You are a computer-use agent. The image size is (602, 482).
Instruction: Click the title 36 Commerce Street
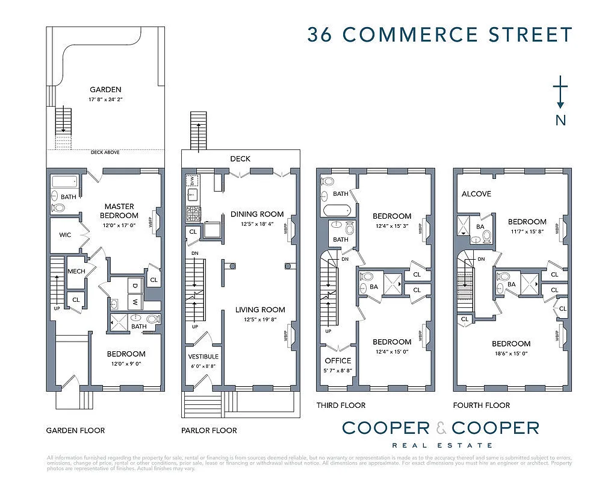pyautogui.click(x=439, y=34)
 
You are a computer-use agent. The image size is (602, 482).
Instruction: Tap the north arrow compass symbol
pyautogui.click(x=560, y=93)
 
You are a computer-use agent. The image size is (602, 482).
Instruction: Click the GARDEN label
pyautogui.click(x=107, y=90)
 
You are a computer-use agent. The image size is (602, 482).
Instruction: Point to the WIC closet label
pyautogui.click(x=65, y=234)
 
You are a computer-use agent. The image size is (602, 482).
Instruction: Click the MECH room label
pyautogui.click(x=76, y=271)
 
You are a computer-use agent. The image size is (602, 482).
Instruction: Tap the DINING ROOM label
pyautogui.click(x=257, y=214)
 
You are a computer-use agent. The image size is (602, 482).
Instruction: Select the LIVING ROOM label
pyautogui.click(x=260, y=310)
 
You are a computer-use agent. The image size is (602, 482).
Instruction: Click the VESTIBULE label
pyautogui.click(x=204, y=356)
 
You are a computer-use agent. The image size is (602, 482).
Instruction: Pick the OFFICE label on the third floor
pyautogui.click(x=338, y=360)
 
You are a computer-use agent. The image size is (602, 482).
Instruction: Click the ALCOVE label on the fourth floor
pyautogui.click(x=476, y=194)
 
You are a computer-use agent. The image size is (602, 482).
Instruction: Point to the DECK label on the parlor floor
pyautogui.click(x=240, y=159)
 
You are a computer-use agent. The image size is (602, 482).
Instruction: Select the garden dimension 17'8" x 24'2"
pyautogui.click(x=106, y=99)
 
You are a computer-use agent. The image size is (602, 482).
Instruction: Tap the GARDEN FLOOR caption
pyautogui.click(x=75, y=430)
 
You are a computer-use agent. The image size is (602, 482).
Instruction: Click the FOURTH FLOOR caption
pyautogui.click(x=482, y=405)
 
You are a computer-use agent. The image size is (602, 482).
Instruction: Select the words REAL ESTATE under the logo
pyautogui.click(x=440, y=445)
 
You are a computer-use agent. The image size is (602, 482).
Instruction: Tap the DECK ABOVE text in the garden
pyautogui.click(x=105, y=152)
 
